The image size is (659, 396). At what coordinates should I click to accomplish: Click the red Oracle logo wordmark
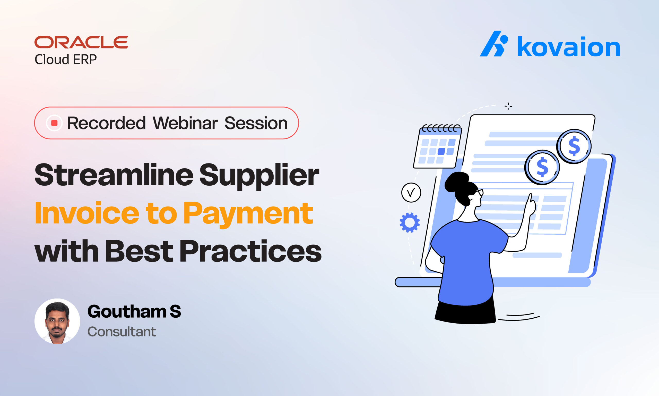tap(81, 42)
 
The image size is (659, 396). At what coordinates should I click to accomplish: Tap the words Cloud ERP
tap(66, 59)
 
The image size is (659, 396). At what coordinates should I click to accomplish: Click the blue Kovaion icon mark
tap(493, 44)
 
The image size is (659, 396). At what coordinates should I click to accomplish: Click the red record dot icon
tap(54, 123)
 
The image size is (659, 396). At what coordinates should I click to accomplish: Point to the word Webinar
tap(185, 123)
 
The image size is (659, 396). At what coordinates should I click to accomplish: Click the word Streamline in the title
tap(114, 175)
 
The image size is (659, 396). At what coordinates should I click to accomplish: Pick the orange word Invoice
tap(87, 213)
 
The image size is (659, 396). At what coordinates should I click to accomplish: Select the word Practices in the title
tap(250, 251)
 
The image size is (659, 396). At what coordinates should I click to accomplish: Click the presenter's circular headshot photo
tap(57, 321)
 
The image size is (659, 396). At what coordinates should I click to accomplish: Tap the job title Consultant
tap(122, 332)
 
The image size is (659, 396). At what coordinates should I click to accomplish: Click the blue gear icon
tap(410, 222)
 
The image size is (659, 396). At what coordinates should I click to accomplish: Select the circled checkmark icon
tap(411, 192)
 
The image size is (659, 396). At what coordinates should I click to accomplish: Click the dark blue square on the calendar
tap(441, 151)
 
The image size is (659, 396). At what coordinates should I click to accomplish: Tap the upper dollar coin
tap(574, 146)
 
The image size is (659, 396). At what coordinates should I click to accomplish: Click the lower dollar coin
tap(542, 167)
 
